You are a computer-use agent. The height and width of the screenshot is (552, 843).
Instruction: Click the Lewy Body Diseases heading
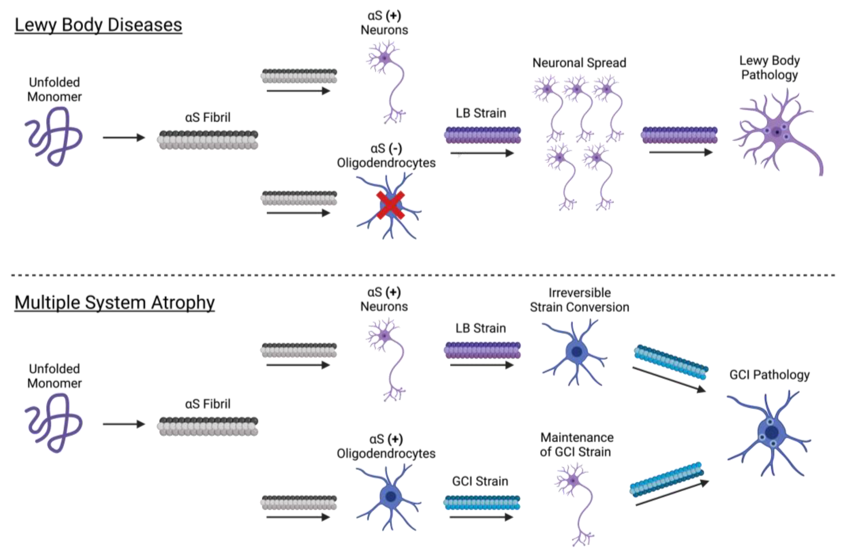coord(98,25)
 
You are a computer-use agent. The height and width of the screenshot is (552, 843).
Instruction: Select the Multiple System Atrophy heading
coord(114,303)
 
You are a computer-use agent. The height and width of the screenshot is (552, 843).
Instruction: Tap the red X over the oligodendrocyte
coord(390,205)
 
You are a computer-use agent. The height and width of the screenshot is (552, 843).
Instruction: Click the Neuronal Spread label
coord(579,63)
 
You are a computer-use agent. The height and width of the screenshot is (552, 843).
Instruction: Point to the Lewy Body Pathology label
coord(769,68)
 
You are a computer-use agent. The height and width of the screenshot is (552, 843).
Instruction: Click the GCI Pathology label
coord(769,375)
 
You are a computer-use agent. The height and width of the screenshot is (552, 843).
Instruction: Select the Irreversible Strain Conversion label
coord(579,300)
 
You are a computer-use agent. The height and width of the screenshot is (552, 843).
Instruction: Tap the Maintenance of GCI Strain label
coord(577,445)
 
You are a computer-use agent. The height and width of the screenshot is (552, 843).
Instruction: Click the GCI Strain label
coord(480,481)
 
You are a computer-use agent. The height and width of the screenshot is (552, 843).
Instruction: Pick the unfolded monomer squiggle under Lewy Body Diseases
coord(54,136)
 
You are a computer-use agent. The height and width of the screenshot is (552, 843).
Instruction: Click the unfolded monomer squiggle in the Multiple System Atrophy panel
coord(54,423)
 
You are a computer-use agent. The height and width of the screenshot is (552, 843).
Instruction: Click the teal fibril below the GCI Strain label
coord(482,503)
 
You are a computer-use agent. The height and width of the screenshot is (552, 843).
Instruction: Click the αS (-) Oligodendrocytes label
coord(386,156)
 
